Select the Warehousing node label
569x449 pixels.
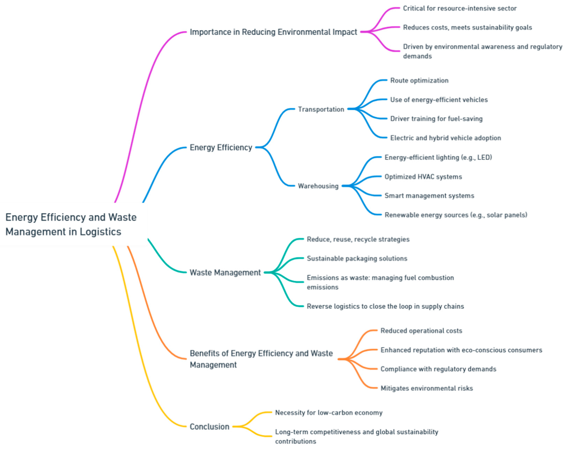point(318,186)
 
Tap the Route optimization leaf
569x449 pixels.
point(419,80)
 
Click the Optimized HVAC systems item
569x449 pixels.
point(423,177)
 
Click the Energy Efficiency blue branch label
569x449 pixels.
point(221,147)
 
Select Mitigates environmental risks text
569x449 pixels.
point(427,388)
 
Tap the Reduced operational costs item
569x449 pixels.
point(421,331)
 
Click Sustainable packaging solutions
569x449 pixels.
point(357,258)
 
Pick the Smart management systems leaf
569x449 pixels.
point(429,196)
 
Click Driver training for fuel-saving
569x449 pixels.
point(436,119)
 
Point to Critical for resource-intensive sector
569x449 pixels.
point(460,8)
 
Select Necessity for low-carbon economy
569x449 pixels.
point(328,412)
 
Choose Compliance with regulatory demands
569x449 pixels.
point(438,369)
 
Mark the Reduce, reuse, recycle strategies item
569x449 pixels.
point(358,239)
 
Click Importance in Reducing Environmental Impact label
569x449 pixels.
point(273,32)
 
